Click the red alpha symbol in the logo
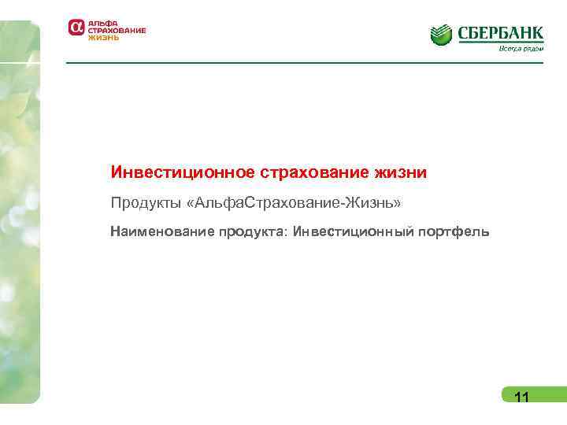76,28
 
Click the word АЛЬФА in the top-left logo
102,23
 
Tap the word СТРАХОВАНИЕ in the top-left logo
117,30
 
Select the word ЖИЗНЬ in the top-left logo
103,37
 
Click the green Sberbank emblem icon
441,34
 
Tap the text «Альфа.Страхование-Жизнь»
295,204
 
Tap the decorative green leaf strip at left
19,213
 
